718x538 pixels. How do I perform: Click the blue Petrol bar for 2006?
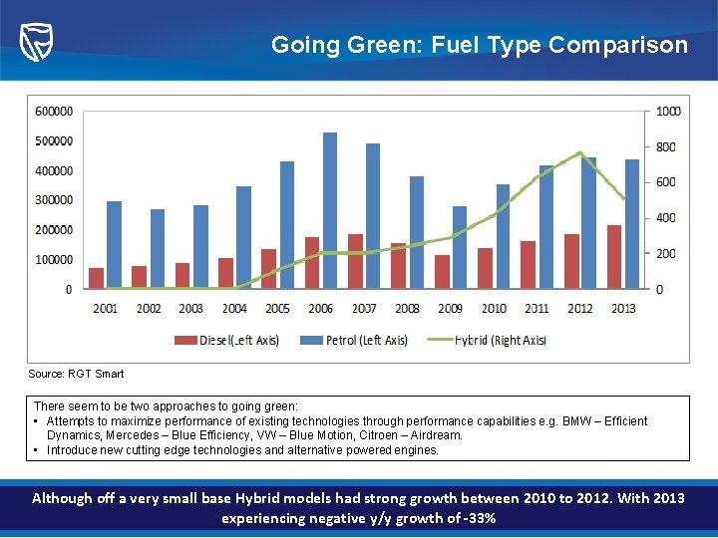pos(330,210)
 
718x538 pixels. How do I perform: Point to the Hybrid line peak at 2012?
pos(580,152)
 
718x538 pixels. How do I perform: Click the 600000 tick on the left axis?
pos(53,111)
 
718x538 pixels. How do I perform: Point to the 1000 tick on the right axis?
pos(667,111)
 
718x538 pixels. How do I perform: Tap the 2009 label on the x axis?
pos(450,308)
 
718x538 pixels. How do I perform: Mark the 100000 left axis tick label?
pos(53,259)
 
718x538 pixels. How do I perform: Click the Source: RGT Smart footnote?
pos(76,374)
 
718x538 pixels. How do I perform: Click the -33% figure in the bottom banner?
pos(479,518)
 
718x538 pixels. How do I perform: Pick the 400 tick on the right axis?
pos(665,218)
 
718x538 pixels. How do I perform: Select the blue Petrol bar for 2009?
pos(459,247)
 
